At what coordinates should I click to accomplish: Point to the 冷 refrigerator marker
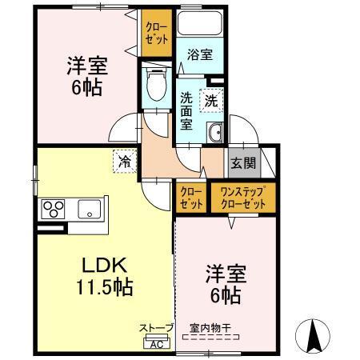click(x=126, y=161)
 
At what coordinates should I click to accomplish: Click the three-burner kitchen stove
click(x=54, y=210)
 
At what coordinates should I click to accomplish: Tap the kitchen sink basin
click(x=88, y=210)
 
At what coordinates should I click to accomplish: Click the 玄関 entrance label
click(x=243, y=163)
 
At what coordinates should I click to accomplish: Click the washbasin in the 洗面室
click(x=214, y=134)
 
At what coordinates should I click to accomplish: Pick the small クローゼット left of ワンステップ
click(x=190, y=198)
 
